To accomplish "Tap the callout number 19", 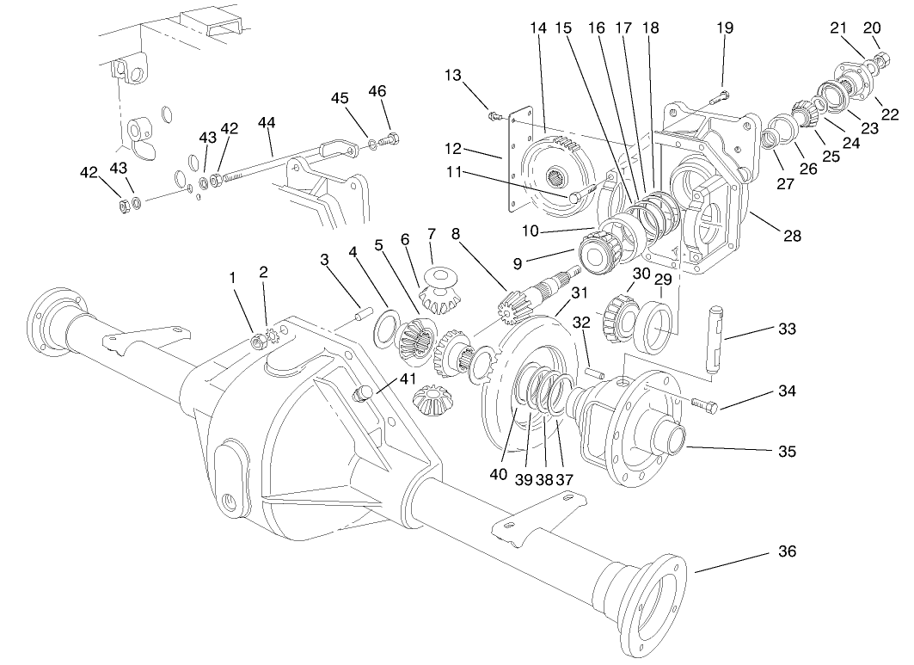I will tap(725, 28).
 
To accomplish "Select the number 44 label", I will tap(267, 123).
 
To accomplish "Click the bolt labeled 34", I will tap(702, 403).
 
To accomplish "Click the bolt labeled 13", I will tap(495, 114).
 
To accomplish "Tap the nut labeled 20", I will tap(880, 59).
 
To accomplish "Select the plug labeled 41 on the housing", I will tap(365, 393).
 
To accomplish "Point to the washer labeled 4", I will tap(386, 327).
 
